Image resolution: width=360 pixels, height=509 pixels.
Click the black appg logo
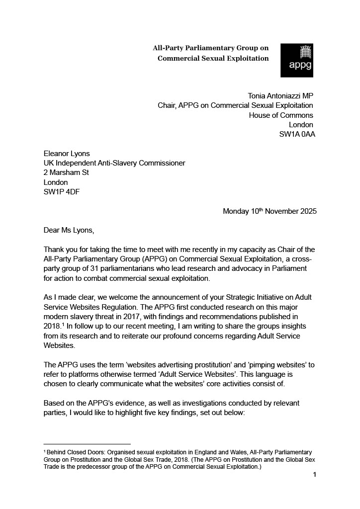point(297,60)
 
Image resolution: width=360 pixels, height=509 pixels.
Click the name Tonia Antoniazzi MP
point(280,95)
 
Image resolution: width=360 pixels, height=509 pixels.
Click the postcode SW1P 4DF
point(62,192)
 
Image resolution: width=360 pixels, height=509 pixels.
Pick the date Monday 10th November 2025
point(270,211)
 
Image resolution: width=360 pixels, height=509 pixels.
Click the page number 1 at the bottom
point(315,475)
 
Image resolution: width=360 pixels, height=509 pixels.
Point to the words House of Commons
point(281,115)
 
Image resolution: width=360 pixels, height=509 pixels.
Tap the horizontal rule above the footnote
point(87,444)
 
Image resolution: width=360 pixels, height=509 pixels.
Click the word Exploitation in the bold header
point(243,58)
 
